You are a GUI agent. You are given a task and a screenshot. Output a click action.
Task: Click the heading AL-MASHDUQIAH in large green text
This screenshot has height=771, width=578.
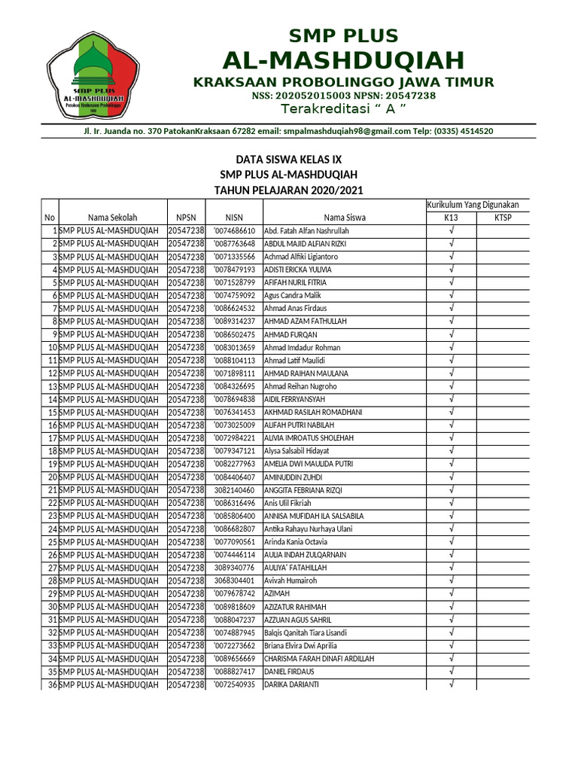[x=343, y=60]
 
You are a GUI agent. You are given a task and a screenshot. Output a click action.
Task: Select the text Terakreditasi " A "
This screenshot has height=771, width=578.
[x=343, y=110]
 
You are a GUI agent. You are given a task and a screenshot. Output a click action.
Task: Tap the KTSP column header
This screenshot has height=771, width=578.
[x=502, y=218]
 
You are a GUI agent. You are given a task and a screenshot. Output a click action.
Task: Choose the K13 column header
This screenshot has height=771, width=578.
[x=450, y=218]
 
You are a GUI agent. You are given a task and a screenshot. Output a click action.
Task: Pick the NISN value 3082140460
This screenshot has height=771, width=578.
[x=234, y=490]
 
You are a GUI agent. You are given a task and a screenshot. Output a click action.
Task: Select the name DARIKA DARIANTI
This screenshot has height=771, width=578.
[x=291, y=684]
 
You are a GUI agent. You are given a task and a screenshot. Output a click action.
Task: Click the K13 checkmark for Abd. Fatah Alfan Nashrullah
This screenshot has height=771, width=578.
[x=451, y=230]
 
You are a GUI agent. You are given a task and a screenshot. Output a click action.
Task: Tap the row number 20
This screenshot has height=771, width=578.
[x=53, y=477]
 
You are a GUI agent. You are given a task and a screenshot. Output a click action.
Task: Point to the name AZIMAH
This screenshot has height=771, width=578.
[x=276, y=594]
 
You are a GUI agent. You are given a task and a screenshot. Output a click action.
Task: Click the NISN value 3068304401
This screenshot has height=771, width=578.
[x=234, y=581]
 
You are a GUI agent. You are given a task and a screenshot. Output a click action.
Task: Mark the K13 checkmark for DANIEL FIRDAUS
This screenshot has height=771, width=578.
[x=451, y=672]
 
